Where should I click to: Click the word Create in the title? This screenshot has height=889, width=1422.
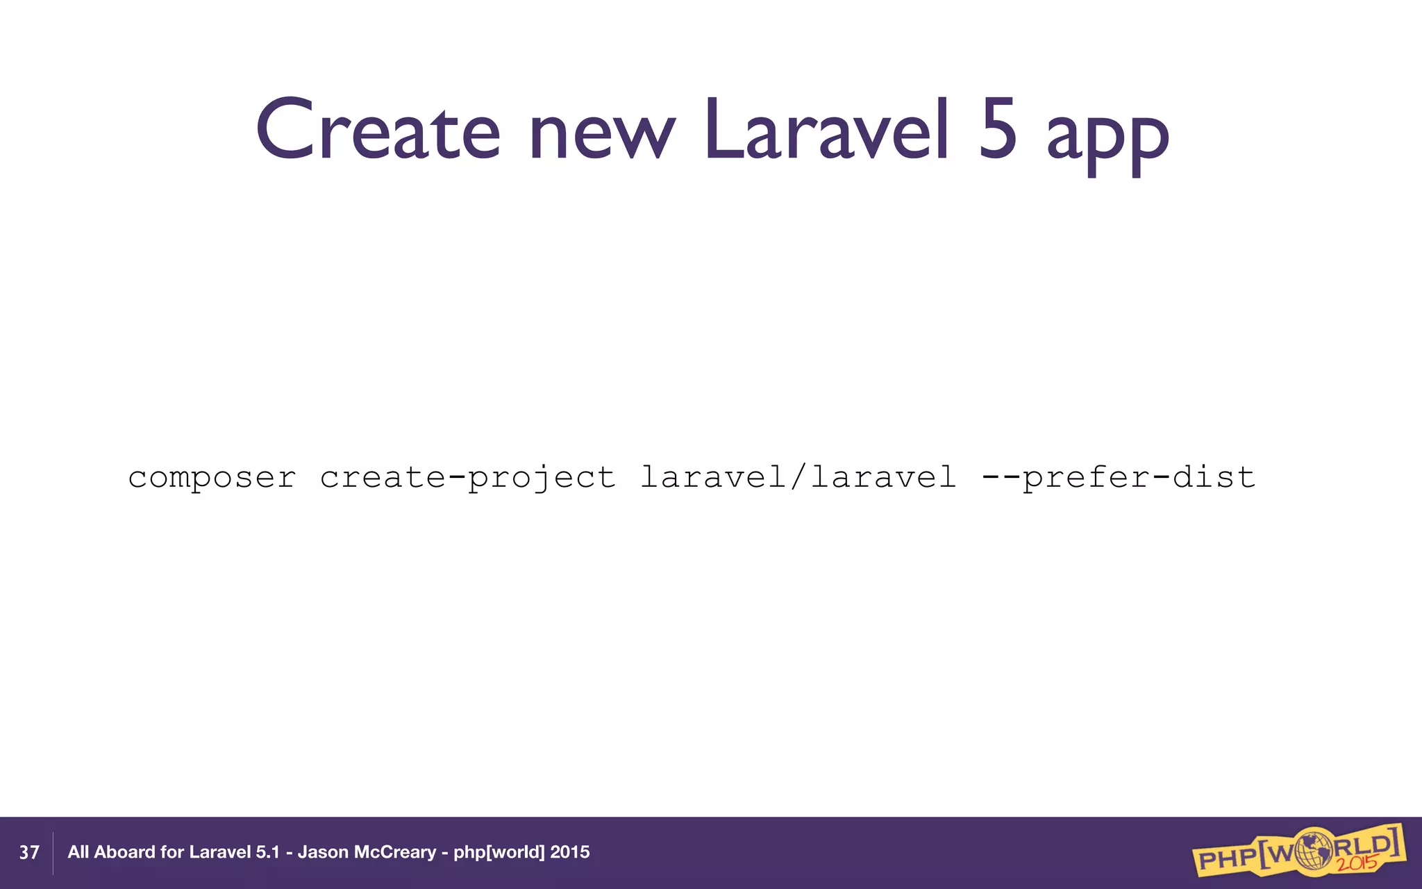coord(377,131)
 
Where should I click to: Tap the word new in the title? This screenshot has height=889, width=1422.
coord(601,135)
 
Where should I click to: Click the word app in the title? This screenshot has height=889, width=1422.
coord(1107,139)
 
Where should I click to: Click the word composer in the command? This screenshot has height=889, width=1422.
coord(212,479)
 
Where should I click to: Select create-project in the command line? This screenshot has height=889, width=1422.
coord(467,479)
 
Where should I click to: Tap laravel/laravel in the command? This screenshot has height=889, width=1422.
coord(798,477)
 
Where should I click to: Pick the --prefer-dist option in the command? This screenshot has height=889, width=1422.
coord(1119,479)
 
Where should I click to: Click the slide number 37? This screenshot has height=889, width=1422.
coord(29,853)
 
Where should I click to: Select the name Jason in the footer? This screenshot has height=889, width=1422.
coord(323,852)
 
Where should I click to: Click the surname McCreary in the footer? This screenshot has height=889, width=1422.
coord(395,852)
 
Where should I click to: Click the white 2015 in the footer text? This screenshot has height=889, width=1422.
coord(569,852)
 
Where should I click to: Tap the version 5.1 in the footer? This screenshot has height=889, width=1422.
coord(267,852)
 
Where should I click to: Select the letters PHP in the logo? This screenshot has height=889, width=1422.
coord(1226,859)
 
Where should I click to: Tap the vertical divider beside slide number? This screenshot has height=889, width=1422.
coord(53,853)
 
